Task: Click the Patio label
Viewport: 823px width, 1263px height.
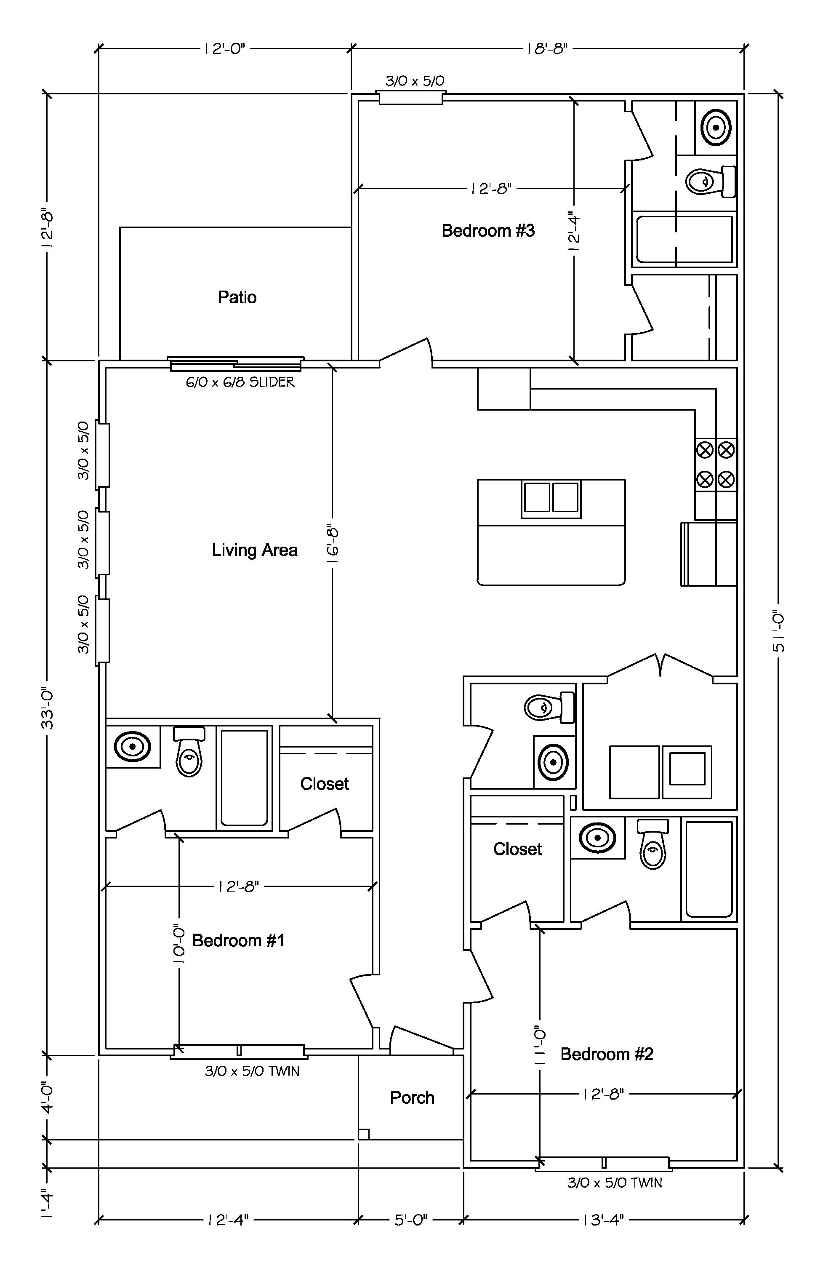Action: [x=237, y=297]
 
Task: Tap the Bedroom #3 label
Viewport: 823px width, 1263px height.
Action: [x=488, y=231]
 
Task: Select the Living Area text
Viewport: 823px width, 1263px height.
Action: [x=255, y=550]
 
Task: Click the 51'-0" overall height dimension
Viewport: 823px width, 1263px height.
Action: [x=778, y=632]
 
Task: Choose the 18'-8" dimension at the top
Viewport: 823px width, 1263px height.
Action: [x=547, y=49]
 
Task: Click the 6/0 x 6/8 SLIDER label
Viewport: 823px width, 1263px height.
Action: [x=240, y=382]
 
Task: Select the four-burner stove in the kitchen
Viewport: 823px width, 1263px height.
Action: [x=716, y=465]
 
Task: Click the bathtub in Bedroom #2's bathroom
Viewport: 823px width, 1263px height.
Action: [x=709, y=869]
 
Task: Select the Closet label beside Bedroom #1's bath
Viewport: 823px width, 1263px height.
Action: [x=325, y=784]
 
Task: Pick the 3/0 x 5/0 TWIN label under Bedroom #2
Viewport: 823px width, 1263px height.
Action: [x=615, y=1183]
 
